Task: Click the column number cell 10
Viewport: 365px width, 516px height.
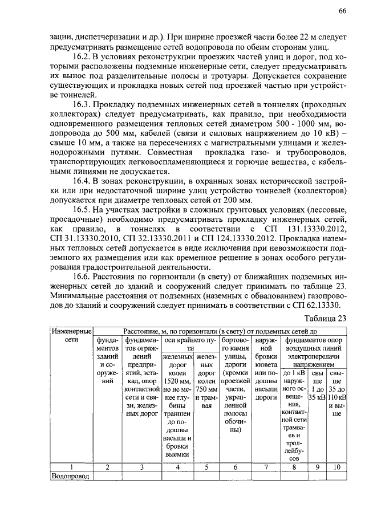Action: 337,466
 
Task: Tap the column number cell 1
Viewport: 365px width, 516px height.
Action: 71,466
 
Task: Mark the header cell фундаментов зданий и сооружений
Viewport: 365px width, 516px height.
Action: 107,364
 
